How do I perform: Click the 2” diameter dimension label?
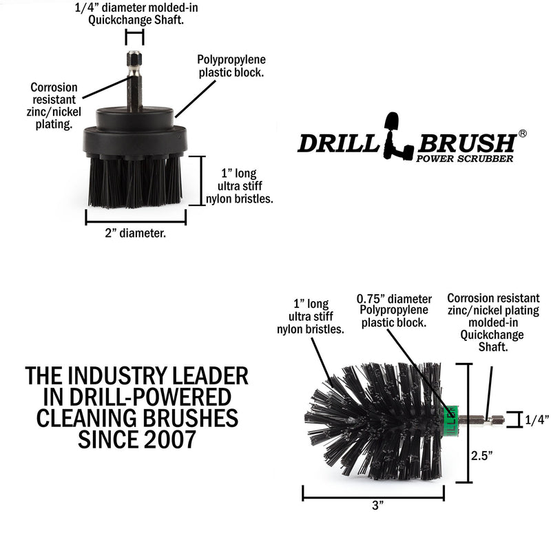click(x=135, y=233)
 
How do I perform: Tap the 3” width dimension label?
click(x=377, y=506)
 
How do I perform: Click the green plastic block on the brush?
click(x=451, y=415)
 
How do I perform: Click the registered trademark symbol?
click(x=522, y=134)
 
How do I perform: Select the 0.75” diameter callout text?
click(x=394, y=311)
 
